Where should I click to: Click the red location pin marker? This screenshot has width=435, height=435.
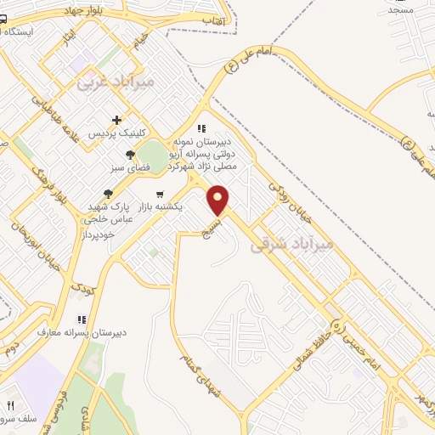coord(219,200)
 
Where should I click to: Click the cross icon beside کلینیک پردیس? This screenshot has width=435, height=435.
coord(116,120)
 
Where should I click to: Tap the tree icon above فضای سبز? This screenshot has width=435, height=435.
coord(129,155)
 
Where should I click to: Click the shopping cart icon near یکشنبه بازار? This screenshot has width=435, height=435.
coord(160,194)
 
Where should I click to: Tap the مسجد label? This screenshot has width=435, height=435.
coord(399,8)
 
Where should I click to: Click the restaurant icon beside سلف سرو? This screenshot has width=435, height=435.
coord(11,405)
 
